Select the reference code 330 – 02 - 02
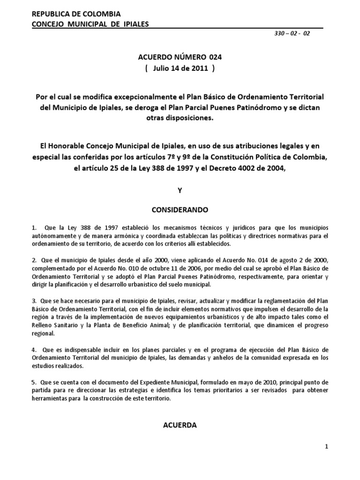point(293,34)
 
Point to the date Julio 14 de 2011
point(180,68)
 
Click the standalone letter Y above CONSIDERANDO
point(180,191)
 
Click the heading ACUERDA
point(180,425)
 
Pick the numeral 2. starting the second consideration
point(34,259)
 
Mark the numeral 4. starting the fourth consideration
point(34,350)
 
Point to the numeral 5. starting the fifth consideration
point(34,381)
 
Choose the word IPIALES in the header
point(133,24)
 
